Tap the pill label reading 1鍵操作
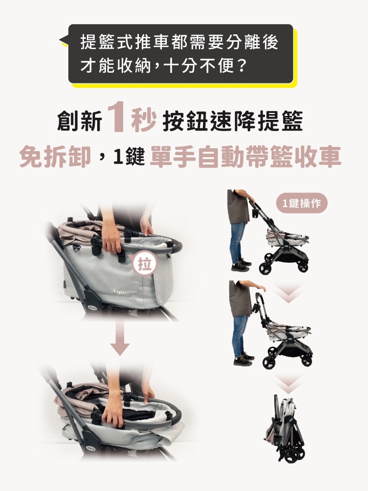302,203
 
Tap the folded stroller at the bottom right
285,428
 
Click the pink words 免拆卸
55,156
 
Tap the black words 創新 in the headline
79,121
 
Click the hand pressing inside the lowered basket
113,414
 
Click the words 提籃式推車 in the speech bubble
125,42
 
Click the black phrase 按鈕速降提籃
233,121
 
